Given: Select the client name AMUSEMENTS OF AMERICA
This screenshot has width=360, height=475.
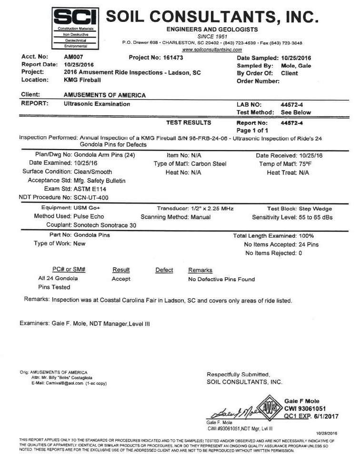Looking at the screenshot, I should [x=105, y=95].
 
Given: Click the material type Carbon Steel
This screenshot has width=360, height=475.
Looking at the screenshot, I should [x=209, y=164].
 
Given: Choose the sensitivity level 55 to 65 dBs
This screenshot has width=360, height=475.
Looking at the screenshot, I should [x=306, y=217].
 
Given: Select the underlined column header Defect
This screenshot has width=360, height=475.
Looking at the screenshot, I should [x=164, y=270].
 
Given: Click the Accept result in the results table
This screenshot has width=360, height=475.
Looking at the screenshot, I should [x=121, y=279].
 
